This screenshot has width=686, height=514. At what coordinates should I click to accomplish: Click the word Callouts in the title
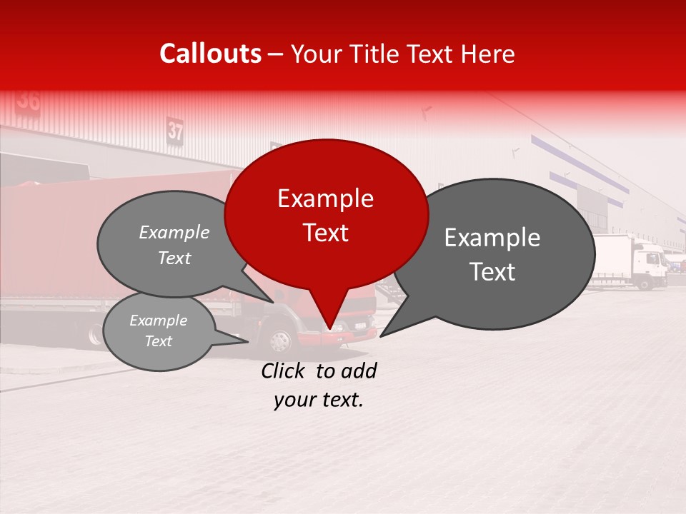point(210,54)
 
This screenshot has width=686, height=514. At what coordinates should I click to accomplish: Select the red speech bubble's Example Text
point(325,215)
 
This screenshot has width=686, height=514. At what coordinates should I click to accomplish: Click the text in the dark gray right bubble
point(492,254)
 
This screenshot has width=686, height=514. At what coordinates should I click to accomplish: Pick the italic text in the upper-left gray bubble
point(174,245)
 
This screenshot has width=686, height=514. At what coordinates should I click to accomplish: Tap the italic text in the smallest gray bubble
point(158,331)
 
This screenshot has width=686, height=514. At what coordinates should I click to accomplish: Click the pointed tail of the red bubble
point(329,325)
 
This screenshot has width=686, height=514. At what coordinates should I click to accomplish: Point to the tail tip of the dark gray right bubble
point(383,334)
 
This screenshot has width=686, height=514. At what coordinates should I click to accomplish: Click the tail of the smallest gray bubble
point(243,341)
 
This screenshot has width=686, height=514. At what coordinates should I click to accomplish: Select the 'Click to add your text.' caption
point(319,385)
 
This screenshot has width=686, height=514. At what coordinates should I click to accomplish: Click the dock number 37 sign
point(176,131)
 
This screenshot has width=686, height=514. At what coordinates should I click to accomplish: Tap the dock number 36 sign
point(29,100)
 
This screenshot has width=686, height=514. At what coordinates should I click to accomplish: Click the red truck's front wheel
point(281,341)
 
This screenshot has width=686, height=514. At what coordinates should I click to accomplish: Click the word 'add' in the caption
point(359,371)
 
